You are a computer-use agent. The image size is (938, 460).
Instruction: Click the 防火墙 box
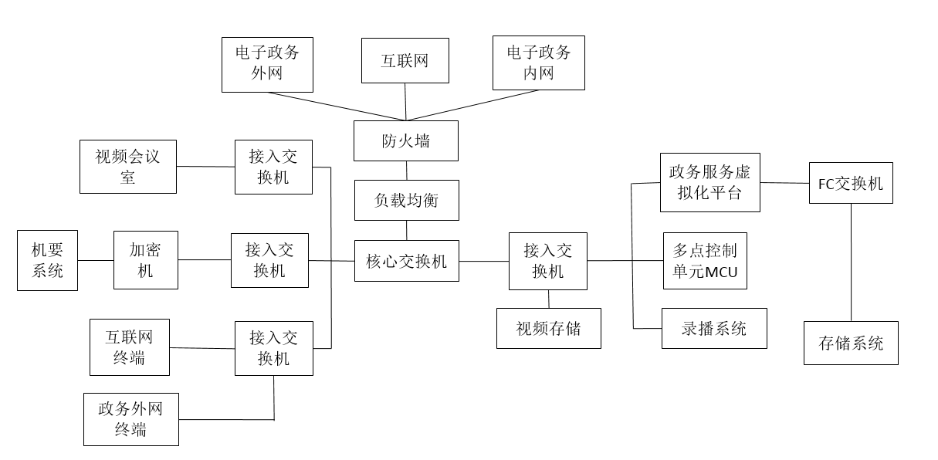tap(405, 140)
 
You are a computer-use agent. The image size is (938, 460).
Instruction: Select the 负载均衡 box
tap(406, 201)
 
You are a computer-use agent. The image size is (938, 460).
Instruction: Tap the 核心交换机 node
tap(406, 261)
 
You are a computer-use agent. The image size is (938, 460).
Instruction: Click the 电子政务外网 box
tap(268, 64)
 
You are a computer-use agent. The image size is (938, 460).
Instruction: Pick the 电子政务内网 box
tap(538, 63)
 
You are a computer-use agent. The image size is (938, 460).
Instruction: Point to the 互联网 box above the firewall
tap(405, 60)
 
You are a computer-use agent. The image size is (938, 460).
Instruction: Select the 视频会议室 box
tap(128, 166)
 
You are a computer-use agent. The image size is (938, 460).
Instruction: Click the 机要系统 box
tap(47, 260)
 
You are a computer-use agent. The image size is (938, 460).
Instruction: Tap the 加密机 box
tap(146, 260)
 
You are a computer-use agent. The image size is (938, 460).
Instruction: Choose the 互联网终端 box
tap(129, 347)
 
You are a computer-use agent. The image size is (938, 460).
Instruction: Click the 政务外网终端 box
tap(131, 419)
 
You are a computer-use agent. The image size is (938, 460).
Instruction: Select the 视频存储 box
tap(548, 328)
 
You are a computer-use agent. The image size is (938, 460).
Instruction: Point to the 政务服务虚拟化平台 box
tap(710, 182)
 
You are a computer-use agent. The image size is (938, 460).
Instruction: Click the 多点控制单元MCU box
tap(705, 260)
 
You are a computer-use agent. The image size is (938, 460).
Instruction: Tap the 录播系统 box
tap(714, 328)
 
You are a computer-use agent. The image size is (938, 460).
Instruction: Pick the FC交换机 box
tap(851, 183)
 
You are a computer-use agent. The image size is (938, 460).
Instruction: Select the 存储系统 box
tap(852, 343)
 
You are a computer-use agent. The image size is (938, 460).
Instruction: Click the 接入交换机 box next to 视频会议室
tap(273, 167)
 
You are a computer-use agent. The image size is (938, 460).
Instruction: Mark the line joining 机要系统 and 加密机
tap(96, 260)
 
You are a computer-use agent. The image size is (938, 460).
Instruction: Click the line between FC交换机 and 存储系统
tap(851, 262)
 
